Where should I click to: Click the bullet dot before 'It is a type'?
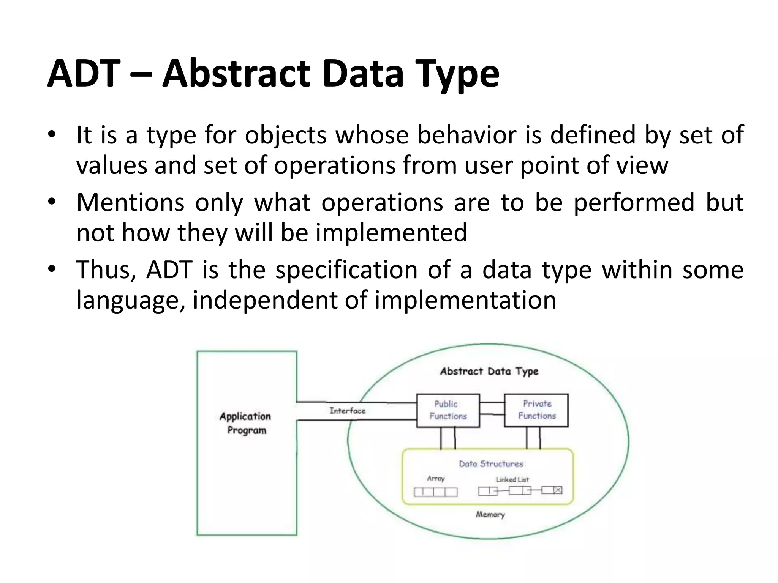pos(52,135)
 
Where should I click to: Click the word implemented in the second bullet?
pos(391,232)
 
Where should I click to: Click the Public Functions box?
pos(448,410)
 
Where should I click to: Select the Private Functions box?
pos(536,410)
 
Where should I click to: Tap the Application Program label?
pos(246,423)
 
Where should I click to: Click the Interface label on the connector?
pos(347,411)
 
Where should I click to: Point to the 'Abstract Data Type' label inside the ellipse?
pos(489,371)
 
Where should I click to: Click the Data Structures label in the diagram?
pos(491,464)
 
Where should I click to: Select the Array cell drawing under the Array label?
pos(435,492)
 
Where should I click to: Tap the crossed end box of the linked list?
pos(557,490)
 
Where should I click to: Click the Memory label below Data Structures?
pos(490,515)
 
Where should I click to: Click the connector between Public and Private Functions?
pos(492,408)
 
